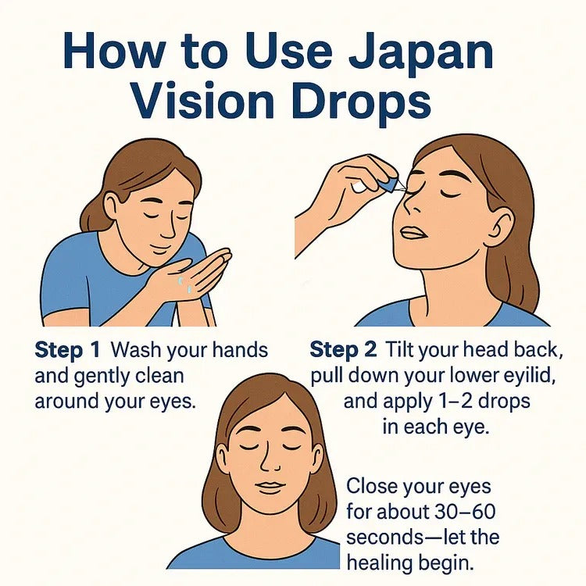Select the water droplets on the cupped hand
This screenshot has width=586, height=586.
(184, 284)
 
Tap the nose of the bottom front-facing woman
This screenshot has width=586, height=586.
(270, 461)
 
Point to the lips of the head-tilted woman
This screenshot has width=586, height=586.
(413, 232)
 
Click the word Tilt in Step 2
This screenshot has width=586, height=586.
(398, 351)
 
